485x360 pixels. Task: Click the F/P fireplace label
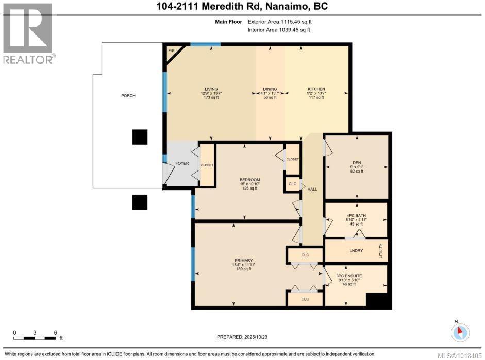[x=172, y=50]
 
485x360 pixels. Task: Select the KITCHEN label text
[x=316, y=89]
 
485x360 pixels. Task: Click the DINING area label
[x=270, y=89]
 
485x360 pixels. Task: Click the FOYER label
[x=182, y=163]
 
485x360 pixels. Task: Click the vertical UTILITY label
[x=382, y=251]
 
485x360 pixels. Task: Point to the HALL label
[x=312, y=189]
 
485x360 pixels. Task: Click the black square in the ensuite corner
[x=376, y=300]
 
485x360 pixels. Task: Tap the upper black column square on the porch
[x=140, y=136]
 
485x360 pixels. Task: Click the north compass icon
[x=460, y=332]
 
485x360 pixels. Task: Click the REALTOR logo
[x=28, y=34]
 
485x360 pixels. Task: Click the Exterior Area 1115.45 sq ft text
[x=279, y=22]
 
